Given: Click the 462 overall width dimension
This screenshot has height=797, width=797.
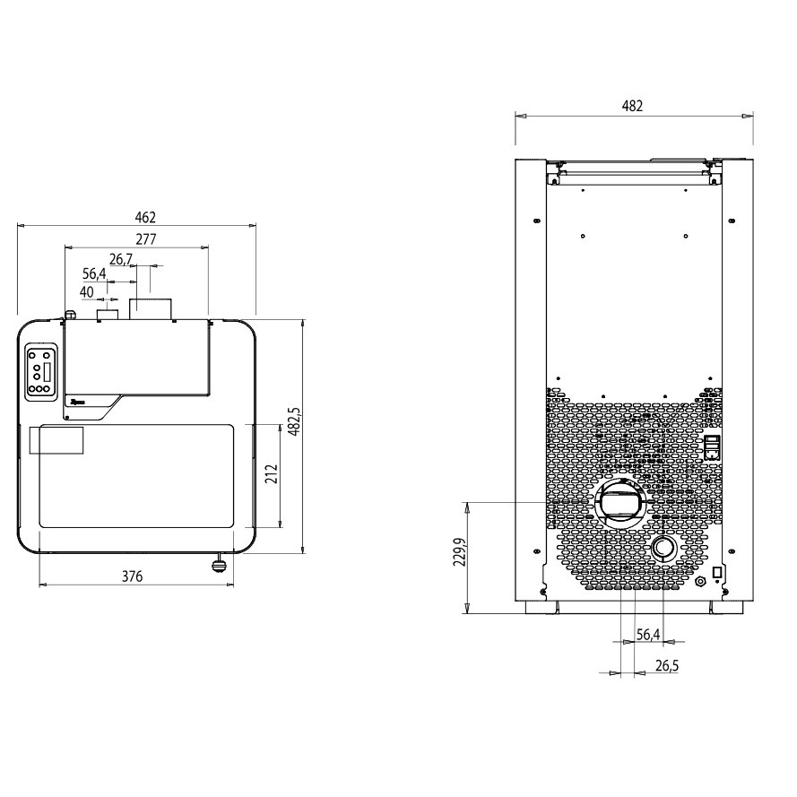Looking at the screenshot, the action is [x=145, y=218].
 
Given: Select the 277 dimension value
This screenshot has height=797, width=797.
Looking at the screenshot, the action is [x=146, y=238].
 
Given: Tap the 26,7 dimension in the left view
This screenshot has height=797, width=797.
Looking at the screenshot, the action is [x=121, y=259].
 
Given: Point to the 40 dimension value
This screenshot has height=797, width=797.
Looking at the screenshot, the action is [x=86, y=292].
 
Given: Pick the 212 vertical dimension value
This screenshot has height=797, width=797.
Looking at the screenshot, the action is [x=272, y=473].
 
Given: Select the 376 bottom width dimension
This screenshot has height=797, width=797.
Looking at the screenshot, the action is [x=132, y=576].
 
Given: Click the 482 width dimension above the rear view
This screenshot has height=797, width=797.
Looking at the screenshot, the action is [x=632, y=106].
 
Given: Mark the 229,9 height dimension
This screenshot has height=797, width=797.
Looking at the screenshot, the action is [x=461, y=551].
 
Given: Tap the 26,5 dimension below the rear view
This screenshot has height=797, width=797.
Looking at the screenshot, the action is [x=667, y=665].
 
